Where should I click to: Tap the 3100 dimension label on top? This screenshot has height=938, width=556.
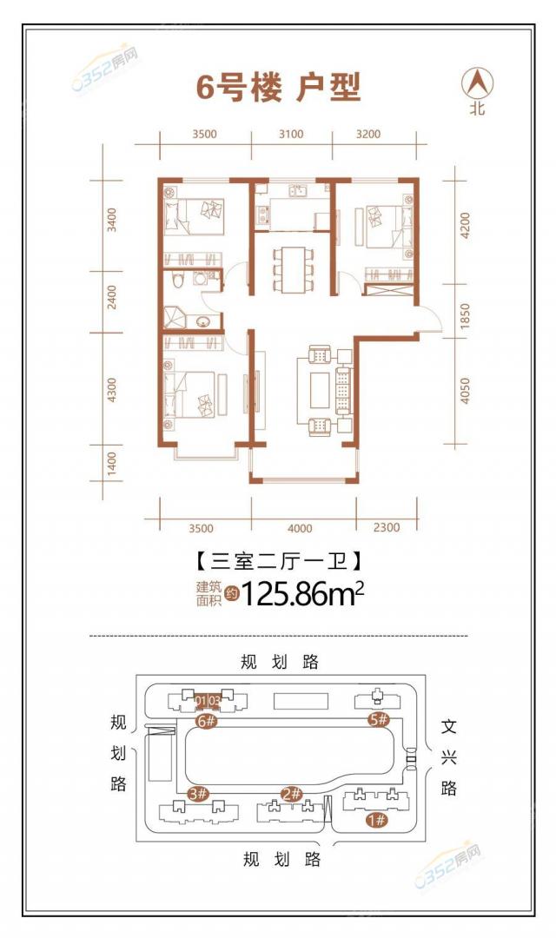tap(291, 134)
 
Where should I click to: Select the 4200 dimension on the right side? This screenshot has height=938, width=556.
tap(465, 225)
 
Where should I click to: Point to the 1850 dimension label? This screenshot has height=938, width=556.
tap(465, 315)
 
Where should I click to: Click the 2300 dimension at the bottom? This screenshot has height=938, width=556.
tap(386, 527)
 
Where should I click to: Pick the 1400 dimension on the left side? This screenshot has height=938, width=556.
tap(112, 464)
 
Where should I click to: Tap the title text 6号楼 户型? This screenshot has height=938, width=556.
tap(278, 89)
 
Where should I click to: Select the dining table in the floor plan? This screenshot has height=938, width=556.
tap(294, 268)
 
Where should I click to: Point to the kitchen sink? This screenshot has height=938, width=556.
tap(297, 191)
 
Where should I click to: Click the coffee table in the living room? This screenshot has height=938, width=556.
tap(320, 389)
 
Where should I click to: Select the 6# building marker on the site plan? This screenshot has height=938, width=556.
tap(206, 721)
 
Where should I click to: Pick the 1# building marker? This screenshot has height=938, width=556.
tap(377, 820)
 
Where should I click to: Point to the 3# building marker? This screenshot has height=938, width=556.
tap(198, 795)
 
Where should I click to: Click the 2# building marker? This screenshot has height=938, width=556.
tap(292, 794)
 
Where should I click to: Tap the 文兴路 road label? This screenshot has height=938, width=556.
tap(449, 757)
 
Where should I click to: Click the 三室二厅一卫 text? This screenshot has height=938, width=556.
tap(279, 562)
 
